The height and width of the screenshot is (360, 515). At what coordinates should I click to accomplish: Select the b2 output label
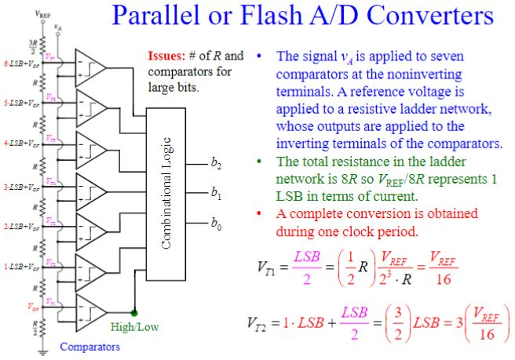pos(216,164)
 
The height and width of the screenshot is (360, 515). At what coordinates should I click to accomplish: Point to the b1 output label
pos(216,192)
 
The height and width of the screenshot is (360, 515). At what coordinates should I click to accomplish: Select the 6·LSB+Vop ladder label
pos(17,63)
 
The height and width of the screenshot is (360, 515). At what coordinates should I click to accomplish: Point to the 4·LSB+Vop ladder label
pos(17,144)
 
